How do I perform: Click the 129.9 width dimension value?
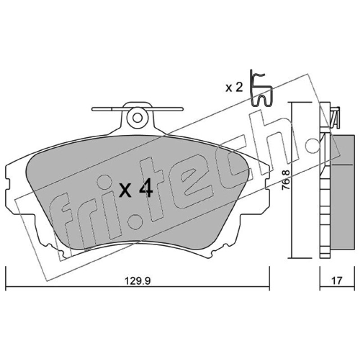click(137, 280)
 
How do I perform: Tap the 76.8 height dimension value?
click(286, 180)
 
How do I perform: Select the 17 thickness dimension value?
click(337, 280)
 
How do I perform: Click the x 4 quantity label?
click(136, 189)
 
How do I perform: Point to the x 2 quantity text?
click(234, 87)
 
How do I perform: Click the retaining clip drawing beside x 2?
click(261, 88)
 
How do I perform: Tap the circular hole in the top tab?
click(138, 118)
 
